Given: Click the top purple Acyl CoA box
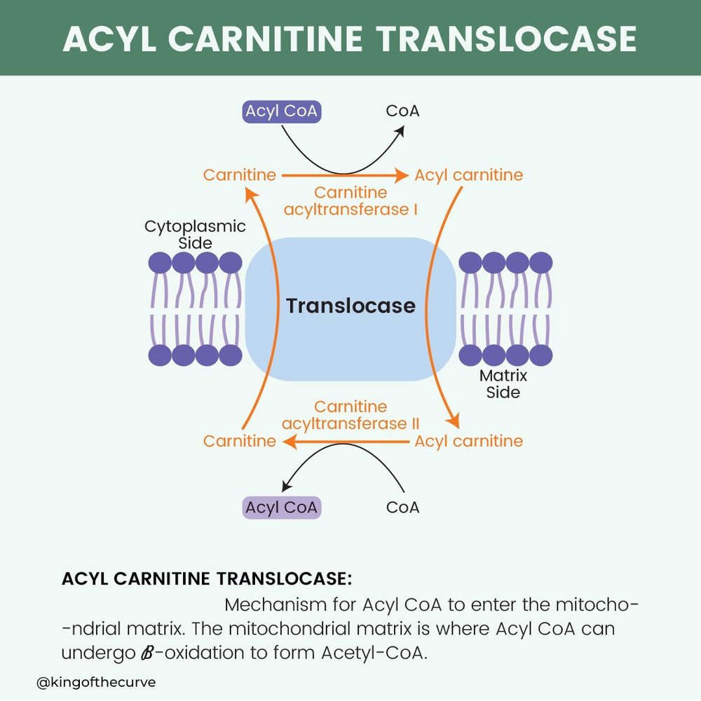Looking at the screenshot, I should point(281,111).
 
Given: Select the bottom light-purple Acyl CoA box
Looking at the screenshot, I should point(281,507).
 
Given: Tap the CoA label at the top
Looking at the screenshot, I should point(402,111).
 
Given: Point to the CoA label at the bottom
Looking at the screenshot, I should point(402,507).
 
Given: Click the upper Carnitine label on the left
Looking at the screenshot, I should point(239,175).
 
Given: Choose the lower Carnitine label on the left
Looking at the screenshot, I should point(239,441).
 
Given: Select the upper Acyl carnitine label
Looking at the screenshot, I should point(468,175).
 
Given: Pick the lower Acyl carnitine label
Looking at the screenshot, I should point(468,441).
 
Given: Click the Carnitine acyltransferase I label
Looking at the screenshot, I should point(350,200).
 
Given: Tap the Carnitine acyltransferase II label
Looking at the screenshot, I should point(350,415).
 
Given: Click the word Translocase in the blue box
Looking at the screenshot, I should point(350,306).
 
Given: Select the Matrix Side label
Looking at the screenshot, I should point(503,383).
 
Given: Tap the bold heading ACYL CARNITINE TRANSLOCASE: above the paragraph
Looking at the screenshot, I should point(207,579).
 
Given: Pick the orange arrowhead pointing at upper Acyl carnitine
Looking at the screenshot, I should point(404,175).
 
